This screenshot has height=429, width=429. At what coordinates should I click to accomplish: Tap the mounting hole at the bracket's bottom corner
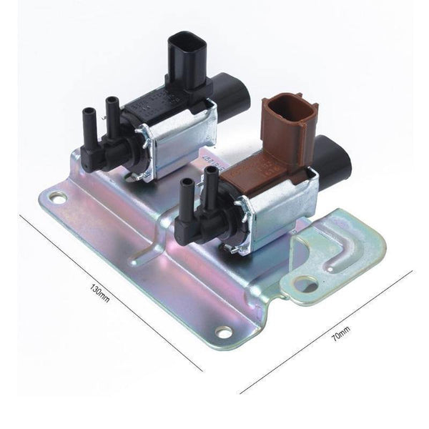(225, 332)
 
